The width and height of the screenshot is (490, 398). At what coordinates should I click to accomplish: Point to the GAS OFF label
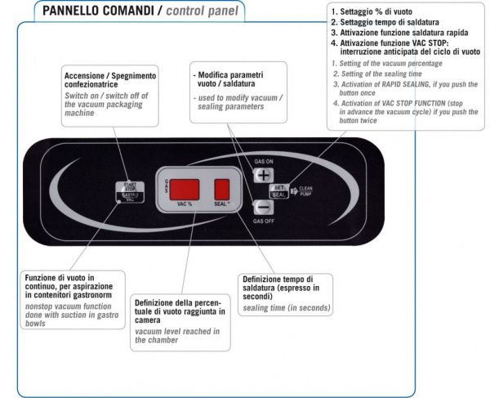265,221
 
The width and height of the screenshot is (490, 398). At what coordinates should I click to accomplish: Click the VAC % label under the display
184,204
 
